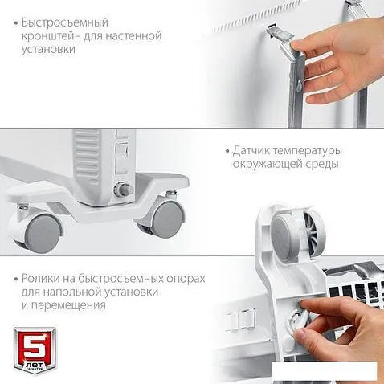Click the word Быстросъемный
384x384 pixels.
65,23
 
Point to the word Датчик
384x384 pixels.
251,151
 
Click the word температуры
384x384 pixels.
308,152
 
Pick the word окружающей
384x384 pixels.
266,164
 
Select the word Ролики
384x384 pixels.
40,279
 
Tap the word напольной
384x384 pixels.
71,292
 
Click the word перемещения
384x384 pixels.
68,305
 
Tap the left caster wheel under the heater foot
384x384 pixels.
42,232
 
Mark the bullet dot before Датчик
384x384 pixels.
227,152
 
